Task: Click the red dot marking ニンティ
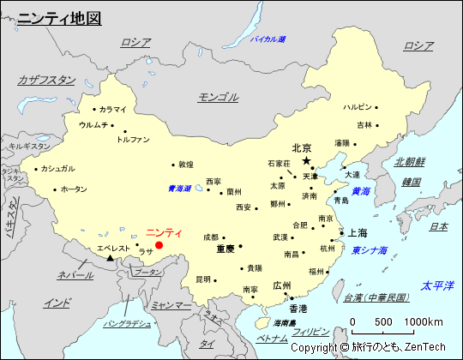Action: tap(159, 245)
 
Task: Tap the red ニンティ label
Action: tap(164, 232)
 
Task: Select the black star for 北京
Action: tap(306, 160)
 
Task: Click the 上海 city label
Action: tap(358, 232)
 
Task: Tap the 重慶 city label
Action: tap(225, 249)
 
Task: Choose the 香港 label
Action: tap(298, 308)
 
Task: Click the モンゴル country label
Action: tap(219, 97)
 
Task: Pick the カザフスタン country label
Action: tap(46, 80)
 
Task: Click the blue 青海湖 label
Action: tap(180, 189)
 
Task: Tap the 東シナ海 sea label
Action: tap(370, 250)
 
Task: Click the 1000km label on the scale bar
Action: tap(424, 321)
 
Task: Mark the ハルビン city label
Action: tap(358, 107)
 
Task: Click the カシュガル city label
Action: tap(58, 168)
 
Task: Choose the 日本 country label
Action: tap(438, 226)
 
